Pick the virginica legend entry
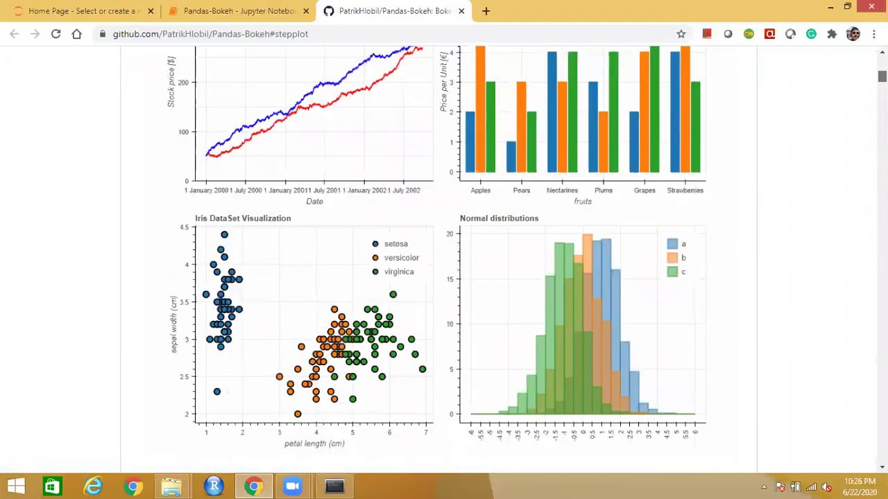pos(398,272)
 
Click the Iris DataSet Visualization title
pos(243,218)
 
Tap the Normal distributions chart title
pos(499,218)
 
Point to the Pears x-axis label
pos(521,190)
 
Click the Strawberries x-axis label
pos(685,190)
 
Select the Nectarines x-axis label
pos(562,190)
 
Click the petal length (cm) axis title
pos(314,444)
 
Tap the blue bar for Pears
pos(511,157)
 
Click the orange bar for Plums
pos(604,141)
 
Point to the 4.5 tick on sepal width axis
pos(184,227)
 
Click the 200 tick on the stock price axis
pos(183,82)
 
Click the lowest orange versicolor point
pos(298,414)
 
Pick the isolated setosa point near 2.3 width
pos(217,392)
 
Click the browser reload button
pos(55,33)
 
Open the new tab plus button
pos(486,10)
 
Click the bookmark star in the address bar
pos(681,33)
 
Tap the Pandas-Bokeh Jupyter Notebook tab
pos(236,10)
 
